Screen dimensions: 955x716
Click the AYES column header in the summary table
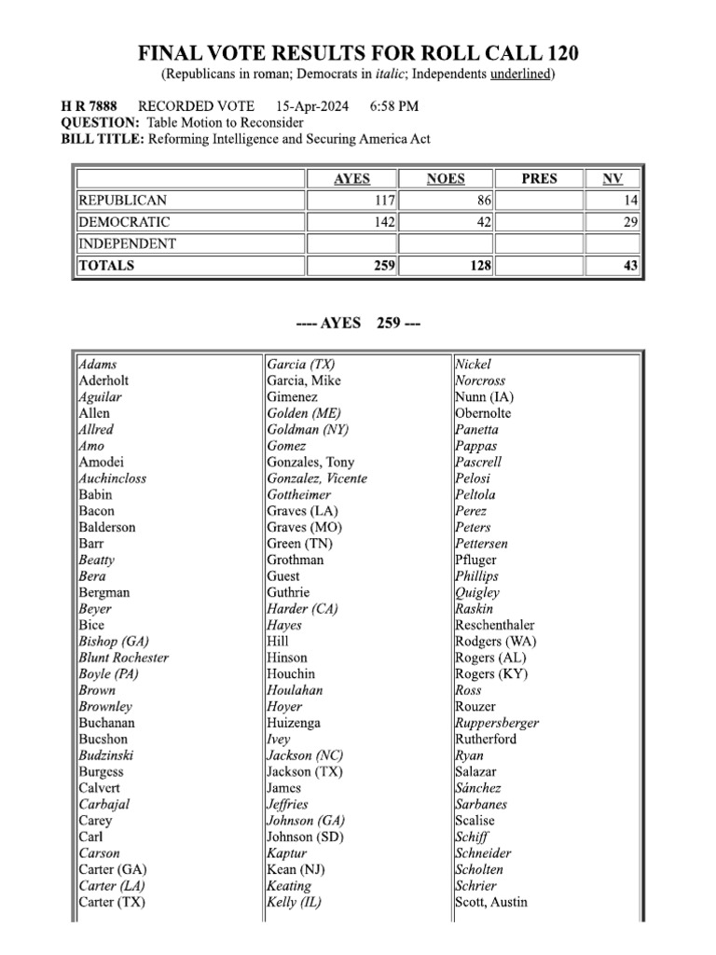(351, 179)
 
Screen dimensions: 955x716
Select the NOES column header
(446, 179)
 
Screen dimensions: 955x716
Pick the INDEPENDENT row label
(128, 243)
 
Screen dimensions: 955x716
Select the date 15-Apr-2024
(312, 106)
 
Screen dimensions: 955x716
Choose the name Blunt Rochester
(124, 657)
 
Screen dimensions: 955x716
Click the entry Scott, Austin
(491, 902)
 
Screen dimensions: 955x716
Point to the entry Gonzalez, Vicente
(317, 478)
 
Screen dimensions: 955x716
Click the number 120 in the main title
(566, 52)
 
